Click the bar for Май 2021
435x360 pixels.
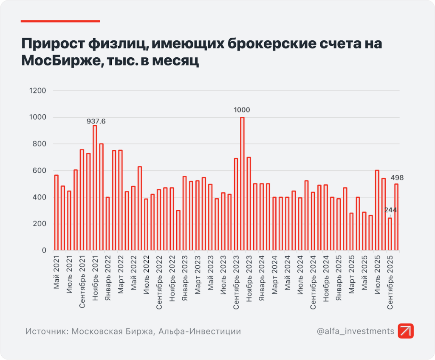[x=56, y=213]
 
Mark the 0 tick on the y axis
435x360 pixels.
[x=44, y=250]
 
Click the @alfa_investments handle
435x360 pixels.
[x=355, y=331]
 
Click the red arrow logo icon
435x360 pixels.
[x=406, y=331]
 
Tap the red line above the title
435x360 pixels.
[x=60, y=21]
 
